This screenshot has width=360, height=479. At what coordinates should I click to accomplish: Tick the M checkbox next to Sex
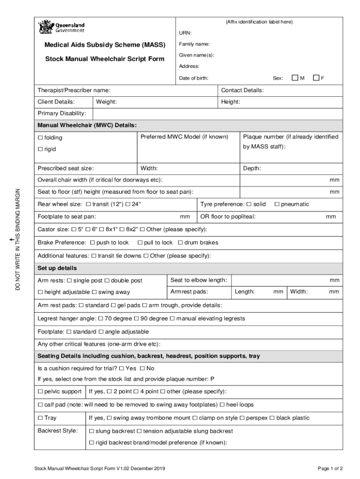point(295,78)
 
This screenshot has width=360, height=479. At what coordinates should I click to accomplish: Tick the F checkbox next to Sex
point(316,78)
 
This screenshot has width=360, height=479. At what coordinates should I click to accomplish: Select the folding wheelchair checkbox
point(40,138)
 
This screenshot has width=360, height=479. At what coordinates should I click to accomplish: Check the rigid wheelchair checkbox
point(40,150)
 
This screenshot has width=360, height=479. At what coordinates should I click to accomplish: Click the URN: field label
point(185,33)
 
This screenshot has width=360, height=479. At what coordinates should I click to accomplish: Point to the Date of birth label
point(194,78)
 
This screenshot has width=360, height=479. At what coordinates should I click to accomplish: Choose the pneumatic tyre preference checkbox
point(277,204)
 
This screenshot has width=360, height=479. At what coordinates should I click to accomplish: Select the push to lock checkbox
point(92,243)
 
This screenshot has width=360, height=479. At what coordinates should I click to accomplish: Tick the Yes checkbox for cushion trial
point(122,369)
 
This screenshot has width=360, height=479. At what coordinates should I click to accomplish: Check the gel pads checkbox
point(113,305)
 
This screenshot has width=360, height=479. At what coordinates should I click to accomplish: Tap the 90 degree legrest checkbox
point(137,319)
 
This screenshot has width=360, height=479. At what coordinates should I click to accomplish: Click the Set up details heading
point(57,269)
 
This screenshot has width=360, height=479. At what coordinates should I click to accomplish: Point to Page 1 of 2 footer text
point(330,468)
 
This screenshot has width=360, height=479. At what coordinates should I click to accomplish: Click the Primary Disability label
point(62,114)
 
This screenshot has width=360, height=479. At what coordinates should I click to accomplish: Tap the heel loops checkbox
point(222,405)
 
